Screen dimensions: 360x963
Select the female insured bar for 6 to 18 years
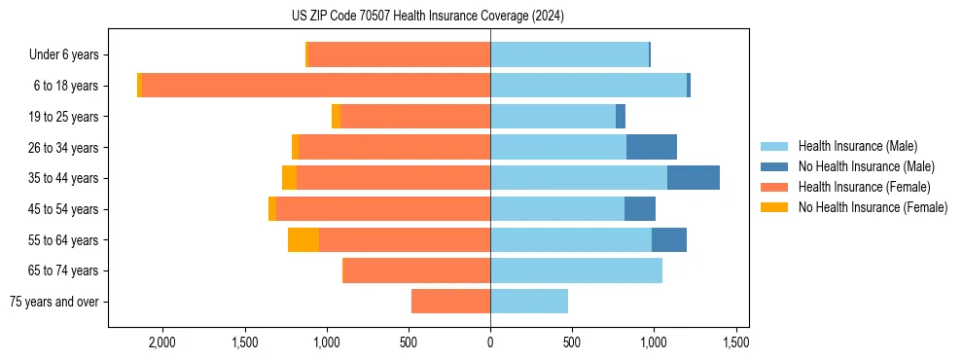(316, 86)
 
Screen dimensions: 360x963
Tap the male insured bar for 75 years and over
(529, 302)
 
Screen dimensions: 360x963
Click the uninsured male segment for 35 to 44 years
(693, 178)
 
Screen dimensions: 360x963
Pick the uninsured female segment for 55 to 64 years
(303, 239)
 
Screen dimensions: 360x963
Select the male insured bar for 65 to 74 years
(576, 270)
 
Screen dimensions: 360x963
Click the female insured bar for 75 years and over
(450, 302)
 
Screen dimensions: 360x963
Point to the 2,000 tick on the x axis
(161, 342)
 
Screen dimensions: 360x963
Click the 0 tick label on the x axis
(490, 342)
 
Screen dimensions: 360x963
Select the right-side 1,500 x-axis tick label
(736, 342)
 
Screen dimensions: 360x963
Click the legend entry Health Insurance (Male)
(857, 146)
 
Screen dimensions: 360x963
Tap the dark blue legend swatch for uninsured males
(774, 166)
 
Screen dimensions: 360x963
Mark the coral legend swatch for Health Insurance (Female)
(774, 187)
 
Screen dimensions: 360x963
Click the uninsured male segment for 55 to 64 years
(668, 239)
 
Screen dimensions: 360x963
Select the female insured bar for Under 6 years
(399, 55)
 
